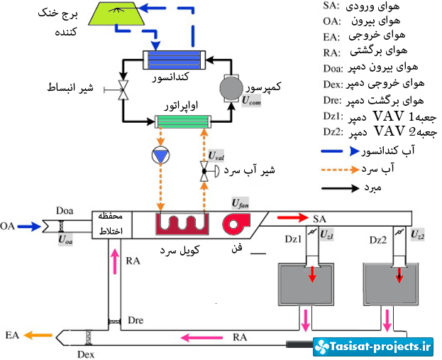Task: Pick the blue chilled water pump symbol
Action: (x=161, y=154)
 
